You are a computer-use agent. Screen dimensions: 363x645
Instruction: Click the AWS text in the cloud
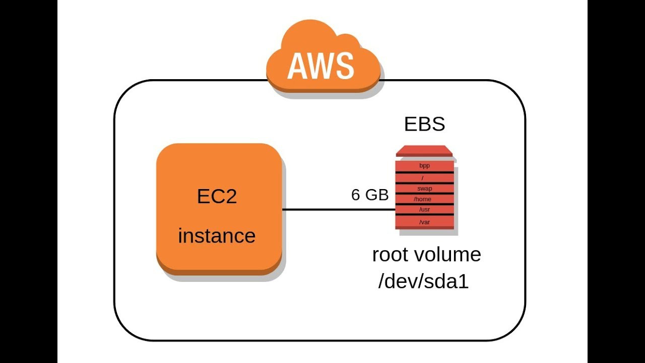click(320, 66)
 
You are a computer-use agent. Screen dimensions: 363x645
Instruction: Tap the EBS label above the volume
click(424, 124)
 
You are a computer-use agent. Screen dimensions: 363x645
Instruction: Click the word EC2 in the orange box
click(217, 197)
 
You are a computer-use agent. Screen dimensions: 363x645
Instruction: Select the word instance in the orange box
click(217, 236)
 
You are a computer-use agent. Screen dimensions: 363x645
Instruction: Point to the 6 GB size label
click(370, 195)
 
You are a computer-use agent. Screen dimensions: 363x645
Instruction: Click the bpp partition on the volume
click(424, 165)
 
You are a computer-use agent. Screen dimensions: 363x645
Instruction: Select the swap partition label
click(424, 189)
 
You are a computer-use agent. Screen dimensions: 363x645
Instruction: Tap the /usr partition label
click(424, 209)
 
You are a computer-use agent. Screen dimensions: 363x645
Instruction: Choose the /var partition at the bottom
click(424, 222)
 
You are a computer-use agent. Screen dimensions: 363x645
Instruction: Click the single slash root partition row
click(424, 177)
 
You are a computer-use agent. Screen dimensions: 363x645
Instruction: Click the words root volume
click(426, 255)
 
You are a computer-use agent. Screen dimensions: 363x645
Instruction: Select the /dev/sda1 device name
click(423, 281)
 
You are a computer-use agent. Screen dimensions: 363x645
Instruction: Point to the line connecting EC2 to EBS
click(338, 209)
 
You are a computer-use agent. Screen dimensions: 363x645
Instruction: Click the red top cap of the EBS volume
click(424, 151)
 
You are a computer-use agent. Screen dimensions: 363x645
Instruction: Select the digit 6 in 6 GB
click(356, 195)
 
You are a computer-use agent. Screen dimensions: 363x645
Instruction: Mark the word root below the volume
click(390, 255)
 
